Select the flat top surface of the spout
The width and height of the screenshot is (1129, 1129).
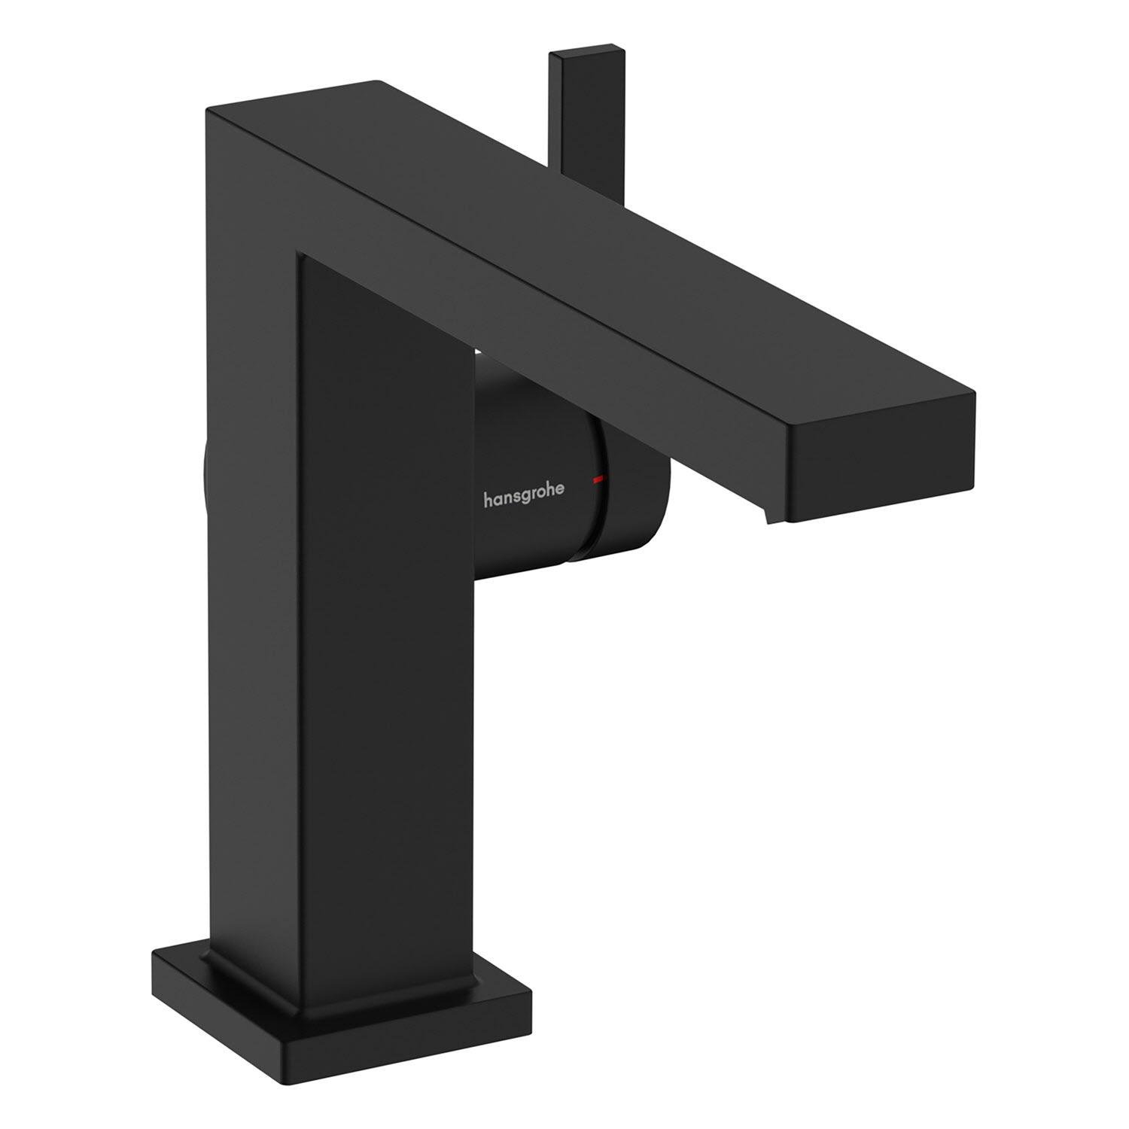tap(602, 226)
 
